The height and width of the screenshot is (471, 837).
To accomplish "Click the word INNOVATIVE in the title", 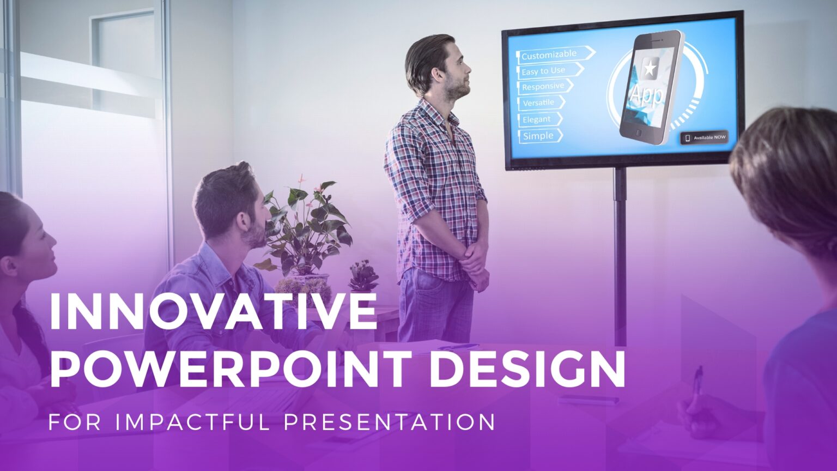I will click(x=213, y=311).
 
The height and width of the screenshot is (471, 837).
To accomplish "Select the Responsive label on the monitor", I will click(x=543, y=87).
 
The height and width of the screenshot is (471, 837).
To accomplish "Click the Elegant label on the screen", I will click(x=536, y=119).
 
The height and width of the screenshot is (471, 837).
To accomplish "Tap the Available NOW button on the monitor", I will click(x=704, y=137).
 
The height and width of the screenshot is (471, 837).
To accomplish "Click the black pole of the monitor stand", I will click(x=620, y=251).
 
